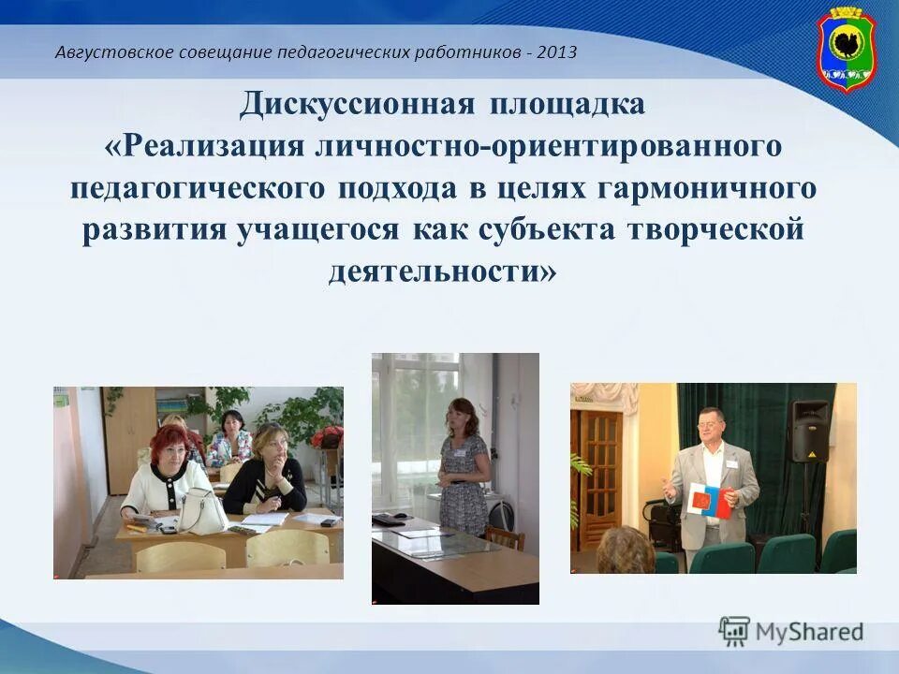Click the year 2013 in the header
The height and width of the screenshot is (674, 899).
click(557, 51)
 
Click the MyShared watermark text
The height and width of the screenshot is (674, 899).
click(809, 632)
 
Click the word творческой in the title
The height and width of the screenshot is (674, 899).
click(733, 230)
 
